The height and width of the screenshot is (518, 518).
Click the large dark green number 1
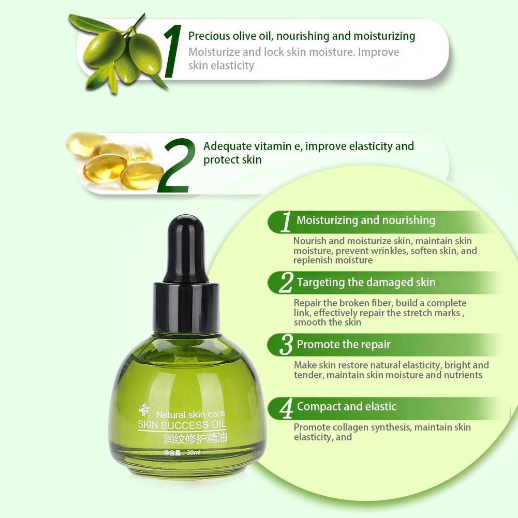click(x=173, y=51)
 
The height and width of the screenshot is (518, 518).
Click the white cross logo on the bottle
click(x=144, y=409)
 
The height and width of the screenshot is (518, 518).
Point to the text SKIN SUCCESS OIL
click(x=182, y=424)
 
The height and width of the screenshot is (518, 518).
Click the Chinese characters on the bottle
click(x=195, y=438)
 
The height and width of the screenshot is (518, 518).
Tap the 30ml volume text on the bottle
click(x=193, y=452)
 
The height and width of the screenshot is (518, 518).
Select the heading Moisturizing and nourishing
click(x=366, y=220)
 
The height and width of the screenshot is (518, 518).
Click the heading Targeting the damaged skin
click(x=366, y=283)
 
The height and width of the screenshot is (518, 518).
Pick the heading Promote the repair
click(x=344, y=345)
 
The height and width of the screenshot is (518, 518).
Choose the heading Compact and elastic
click(x=347, y=407)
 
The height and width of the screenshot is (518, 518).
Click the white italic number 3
click(x=286, y=345)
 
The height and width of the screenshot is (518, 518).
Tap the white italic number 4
click(x=286, y=408)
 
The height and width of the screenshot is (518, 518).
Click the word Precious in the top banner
click(x=209, y=36)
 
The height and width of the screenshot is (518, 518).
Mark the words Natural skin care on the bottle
click(x=190, y=414)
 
